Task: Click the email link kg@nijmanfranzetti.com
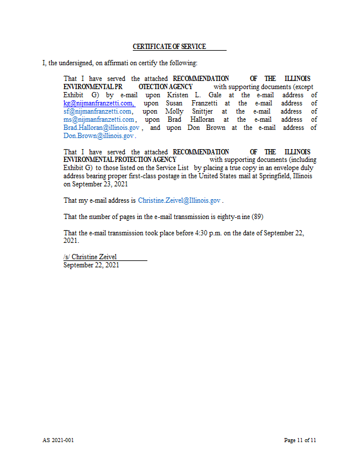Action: (x=98, y=103)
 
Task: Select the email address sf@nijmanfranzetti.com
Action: (x=98, y=111)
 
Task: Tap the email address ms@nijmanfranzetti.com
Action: (x=99, y=119)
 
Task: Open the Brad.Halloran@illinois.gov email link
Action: (x=101, y=128)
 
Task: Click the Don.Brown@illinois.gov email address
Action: (x=98, y=136)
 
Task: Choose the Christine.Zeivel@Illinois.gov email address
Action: (x=179, y=200)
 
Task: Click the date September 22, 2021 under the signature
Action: (x=91, y=265)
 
